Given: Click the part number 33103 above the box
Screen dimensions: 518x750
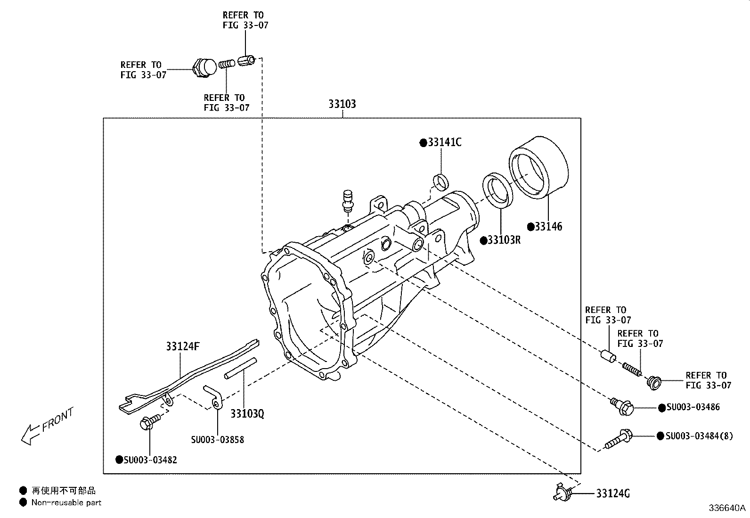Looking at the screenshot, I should (342, 104).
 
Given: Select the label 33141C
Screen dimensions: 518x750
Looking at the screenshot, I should (444, 142).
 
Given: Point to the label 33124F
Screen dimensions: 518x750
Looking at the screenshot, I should (183, 347).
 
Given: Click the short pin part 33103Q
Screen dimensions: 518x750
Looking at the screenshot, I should (241, 368).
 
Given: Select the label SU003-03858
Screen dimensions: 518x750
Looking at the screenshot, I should (217, 440).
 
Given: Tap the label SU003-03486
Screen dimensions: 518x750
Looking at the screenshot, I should (693, 407).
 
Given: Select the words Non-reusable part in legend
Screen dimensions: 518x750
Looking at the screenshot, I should (66, 503).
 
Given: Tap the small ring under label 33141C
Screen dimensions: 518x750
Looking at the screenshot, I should (441, 181).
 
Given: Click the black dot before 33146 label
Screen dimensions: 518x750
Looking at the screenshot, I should (530, 227).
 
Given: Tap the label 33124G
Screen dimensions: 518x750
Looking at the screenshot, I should (612, 493).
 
